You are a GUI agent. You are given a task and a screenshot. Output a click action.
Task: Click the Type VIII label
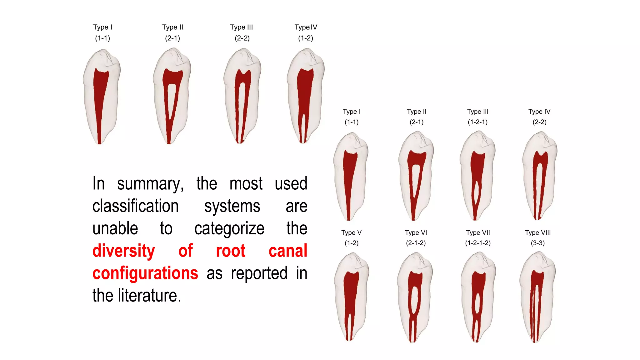click(537, 232)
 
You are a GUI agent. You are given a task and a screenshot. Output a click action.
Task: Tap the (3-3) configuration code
click(537, 243)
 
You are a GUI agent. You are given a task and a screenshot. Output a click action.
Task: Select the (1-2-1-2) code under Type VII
click(477, 243)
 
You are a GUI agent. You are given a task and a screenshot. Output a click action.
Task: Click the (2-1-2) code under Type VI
click(416, 243)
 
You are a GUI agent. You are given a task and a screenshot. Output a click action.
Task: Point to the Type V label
click(351, 232)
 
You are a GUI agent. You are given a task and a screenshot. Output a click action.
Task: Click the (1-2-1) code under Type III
click(477, 122)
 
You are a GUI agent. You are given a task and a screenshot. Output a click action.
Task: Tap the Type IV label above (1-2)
click(306, 27)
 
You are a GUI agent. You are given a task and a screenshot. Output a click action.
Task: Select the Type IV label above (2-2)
click(539, 112)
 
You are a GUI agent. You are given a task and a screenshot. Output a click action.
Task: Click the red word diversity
click(123, 251)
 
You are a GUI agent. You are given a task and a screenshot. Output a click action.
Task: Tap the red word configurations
click(145, 273)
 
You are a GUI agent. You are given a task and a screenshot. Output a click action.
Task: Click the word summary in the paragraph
click(150, 184)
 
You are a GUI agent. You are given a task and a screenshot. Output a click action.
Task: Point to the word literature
click(149, 296)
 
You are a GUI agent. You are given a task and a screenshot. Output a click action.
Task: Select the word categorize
click(229, 228)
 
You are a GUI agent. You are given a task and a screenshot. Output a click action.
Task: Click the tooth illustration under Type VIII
click(537, 297)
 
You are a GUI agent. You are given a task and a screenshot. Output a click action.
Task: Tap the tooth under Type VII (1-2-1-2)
click(478, 297)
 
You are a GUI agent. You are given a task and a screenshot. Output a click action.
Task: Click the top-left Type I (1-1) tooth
click(101, 97)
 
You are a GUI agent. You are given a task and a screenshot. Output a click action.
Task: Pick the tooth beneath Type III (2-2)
click(242, 97)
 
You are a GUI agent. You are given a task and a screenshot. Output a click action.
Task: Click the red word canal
click(288, 251)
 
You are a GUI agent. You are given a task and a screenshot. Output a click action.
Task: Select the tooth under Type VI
click(415, 297)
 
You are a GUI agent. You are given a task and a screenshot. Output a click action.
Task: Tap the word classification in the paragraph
click(135, 206)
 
